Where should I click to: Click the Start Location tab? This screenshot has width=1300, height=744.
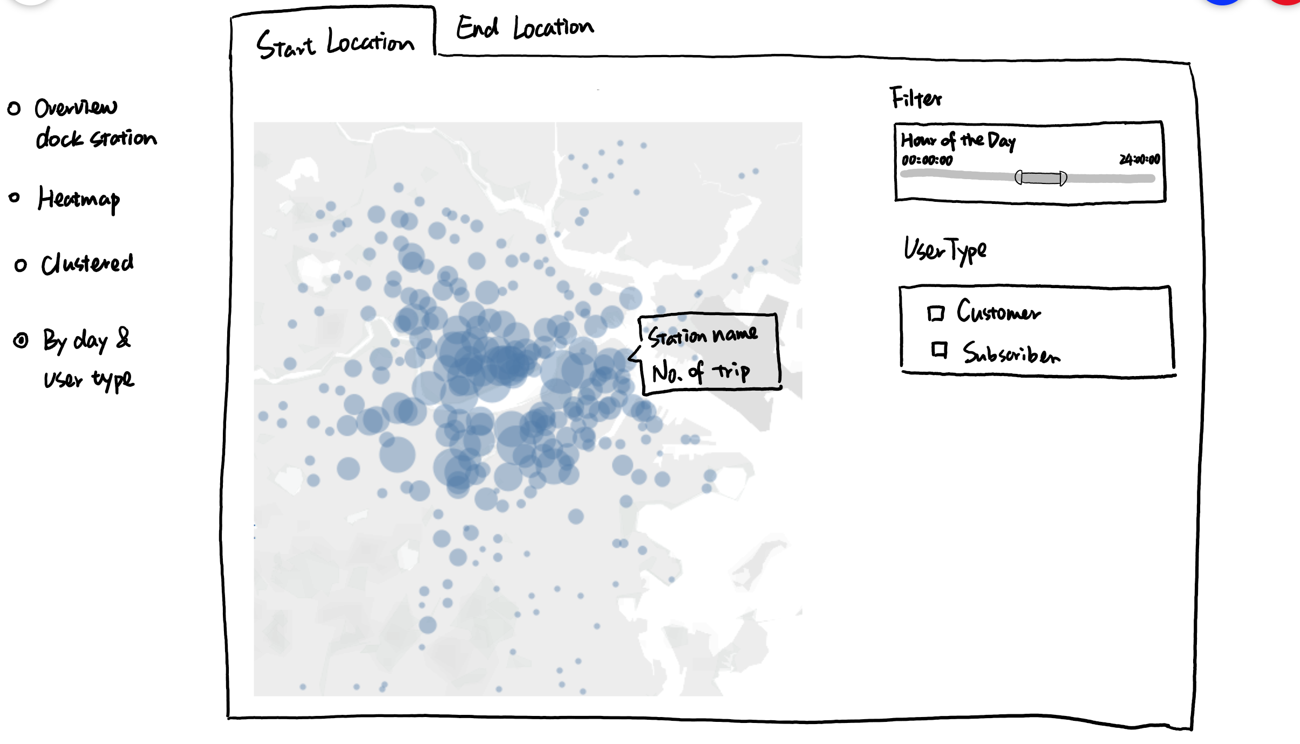335,43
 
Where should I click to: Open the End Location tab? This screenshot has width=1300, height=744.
525,28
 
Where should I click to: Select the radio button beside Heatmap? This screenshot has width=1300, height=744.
15,198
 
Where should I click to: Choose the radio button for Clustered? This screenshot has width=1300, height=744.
21,265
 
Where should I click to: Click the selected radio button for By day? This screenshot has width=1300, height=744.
21,340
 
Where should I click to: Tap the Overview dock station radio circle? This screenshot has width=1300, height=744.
14,108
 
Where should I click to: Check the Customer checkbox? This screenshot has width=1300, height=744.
936,313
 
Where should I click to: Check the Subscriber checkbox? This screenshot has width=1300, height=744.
939,350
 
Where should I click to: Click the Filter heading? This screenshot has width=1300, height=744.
916,98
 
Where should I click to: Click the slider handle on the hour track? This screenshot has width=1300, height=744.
1040,178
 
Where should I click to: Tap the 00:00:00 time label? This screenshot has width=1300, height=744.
927,160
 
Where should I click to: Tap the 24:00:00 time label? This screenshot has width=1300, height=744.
1139,159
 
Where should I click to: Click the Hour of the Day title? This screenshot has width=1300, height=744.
958,140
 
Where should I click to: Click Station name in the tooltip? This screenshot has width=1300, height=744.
703,336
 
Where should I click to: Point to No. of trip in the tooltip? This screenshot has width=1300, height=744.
700,372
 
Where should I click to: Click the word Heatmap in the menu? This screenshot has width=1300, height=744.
79,199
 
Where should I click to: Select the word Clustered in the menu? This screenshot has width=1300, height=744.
87,264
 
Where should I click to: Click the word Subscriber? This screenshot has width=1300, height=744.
1011,353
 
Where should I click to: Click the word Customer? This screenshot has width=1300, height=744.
998,312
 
